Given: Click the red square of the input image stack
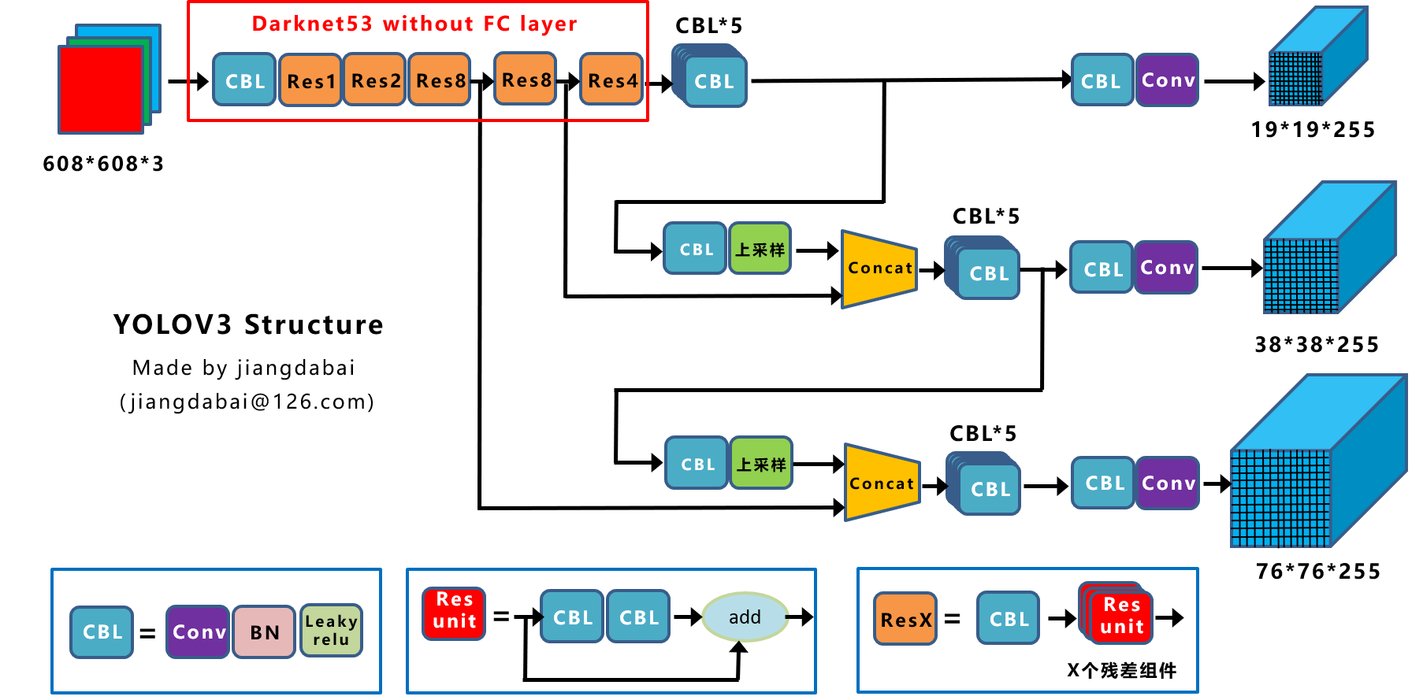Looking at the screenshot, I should coord(101,90).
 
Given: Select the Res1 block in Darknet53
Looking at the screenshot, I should coord(310,80).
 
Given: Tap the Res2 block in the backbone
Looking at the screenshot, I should coord(375,80).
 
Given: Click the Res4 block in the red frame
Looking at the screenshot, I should coord(611,80).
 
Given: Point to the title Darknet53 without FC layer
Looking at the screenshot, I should coord(414,24).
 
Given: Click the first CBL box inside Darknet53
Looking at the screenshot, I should coord(244,80).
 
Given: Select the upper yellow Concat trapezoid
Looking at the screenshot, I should coord(879,269).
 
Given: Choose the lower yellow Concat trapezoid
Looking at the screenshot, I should coord(882,483).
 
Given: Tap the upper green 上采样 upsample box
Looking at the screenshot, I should coord(760,249).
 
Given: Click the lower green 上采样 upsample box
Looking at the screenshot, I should coord(761,464).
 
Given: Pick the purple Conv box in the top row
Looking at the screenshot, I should coord(1167,80).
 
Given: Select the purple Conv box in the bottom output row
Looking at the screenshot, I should coord(1168,483).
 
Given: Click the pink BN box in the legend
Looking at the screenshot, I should coord(264,632).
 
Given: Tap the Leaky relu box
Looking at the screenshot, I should coord(332,631).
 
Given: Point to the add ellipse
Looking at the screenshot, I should coord(745,617).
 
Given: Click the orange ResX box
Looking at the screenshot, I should coord(905,620).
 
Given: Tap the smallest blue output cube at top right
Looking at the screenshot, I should coord(1317,57).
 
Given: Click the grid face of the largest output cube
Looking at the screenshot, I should coord(1280,498).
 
